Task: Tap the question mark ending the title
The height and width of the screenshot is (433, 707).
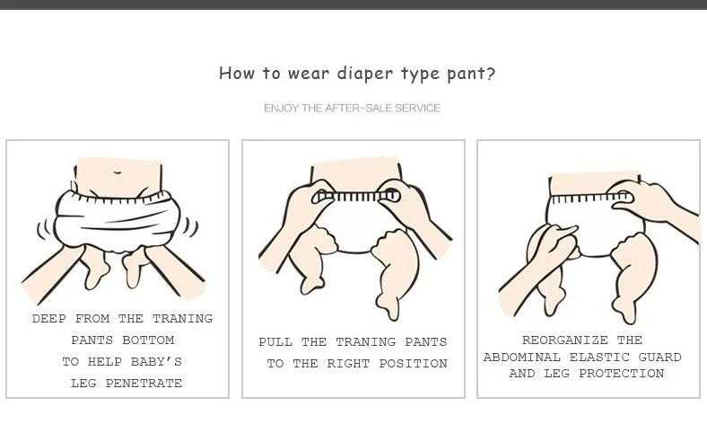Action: coord(491,73)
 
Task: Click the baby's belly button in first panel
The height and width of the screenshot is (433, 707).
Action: coord(118,172)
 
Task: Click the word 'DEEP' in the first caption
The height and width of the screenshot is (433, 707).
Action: coord(49,318)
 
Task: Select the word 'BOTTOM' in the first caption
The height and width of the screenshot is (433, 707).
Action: coord(148,340)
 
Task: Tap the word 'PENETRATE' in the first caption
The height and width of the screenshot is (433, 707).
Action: coord(144,384)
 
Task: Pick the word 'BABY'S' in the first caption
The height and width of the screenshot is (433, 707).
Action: coord(156,362)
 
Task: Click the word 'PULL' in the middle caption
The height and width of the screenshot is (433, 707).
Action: coord(275,341)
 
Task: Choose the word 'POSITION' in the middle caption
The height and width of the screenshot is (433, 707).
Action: coord(413,364)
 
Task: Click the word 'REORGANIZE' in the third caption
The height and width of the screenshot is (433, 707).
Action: coord(565,340)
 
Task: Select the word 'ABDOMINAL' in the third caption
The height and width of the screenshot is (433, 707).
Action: coord(522,358)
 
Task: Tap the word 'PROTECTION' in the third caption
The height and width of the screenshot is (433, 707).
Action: coord(622,374)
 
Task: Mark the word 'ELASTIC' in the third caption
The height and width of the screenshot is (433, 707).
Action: coord(599,358)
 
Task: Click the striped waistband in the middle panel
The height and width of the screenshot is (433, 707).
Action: coord(356,197)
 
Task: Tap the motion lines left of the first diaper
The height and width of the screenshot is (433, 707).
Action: coord(45,229)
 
